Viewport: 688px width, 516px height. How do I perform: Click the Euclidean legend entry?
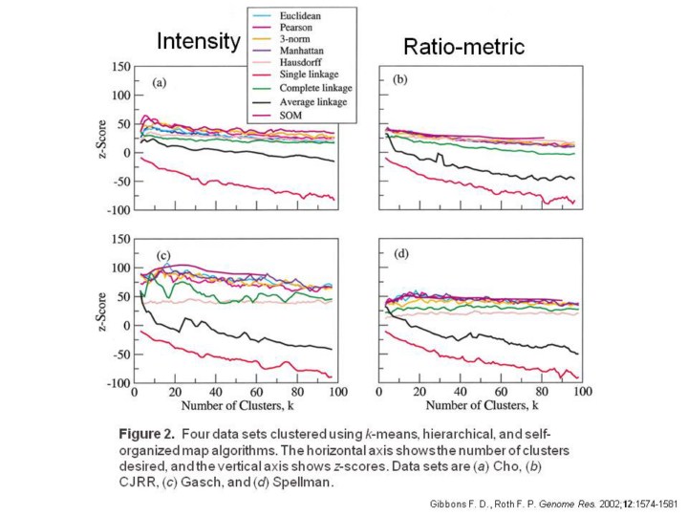[304, 17]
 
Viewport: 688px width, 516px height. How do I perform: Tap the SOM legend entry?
[295, 116]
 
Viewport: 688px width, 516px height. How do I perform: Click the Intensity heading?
[198, 41]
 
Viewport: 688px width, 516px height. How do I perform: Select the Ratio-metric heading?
[464, 47]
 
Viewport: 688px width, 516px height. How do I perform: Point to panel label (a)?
[161, 83]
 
